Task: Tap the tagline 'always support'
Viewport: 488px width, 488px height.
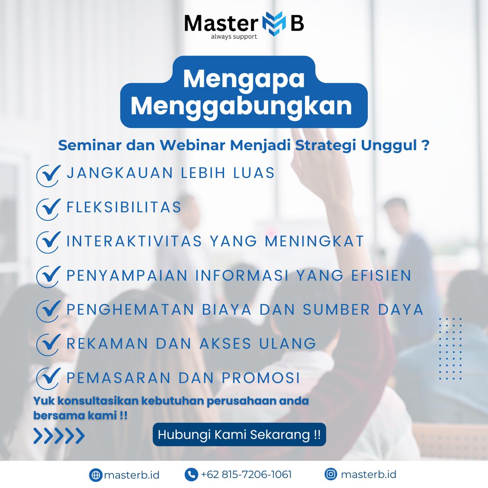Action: (234, 37)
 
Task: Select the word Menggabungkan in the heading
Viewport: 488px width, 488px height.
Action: (241, 107)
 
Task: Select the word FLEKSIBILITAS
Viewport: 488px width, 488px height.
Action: (124, 207)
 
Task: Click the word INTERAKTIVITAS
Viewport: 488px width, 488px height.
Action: (134, 241)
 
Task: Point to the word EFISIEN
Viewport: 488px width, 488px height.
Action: (381, 275)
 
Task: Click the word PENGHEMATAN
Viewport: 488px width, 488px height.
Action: (130, 310)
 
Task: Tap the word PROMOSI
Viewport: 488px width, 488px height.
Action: (261, 378)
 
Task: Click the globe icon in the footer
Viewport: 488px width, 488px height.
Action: (95, 475)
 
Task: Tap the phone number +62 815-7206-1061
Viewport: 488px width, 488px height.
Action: (246, 474)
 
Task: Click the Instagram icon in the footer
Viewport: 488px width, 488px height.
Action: (331, 474)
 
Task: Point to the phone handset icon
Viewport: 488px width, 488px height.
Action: (191, 474)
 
